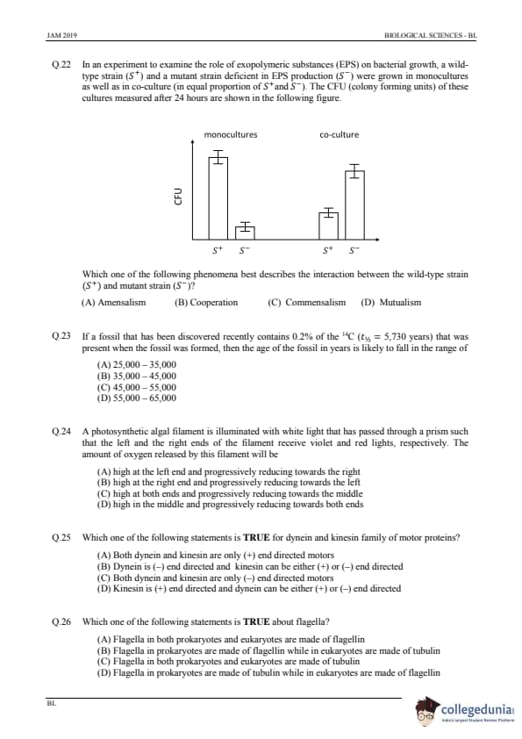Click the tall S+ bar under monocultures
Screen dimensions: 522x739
coord(218,198)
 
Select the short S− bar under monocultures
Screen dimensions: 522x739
coord(245,233)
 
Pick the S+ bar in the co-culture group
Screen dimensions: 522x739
coord(328,226)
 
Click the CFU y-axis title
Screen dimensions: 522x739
coord(178,196)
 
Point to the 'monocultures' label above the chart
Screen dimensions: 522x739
coord(231,135)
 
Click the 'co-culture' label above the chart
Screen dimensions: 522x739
coord(340,135)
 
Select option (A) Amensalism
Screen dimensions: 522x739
coord(113,303)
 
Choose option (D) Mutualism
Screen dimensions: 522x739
coord(391,303)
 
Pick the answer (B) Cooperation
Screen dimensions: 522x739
coord(206,303)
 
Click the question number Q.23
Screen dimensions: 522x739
coord(61,336)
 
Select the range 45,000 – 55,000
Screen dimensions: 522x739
coord(137,387)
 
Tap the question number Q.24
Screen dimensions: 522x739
coord(61,431)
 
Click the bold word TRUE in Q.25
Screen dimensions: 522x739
coord(257,538)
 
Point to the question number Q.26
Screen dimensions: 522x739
coord(61,621)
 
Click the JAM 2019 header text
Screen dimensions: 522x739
coord(62,35)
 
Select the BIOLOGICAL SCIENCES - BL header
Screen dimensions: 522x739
coord(431,35)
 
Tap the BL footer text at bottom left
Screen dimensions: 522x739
coord(52,703)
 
